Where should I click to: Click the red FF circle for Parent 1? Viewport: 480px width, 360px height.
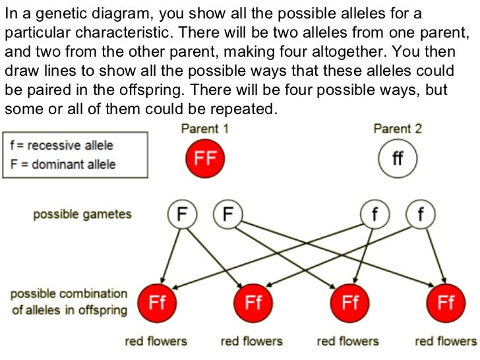pos(205,159)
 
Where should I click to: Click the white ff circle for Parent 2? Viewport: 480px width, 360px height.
pos(397,159)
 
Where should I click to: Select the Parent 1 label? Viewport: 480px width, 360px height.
pos(204,129)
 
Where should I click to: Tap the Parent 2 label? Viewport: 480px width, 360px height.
pos(397,129)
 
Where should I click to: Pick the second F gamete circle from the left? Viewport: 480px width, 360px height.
pos(228,214)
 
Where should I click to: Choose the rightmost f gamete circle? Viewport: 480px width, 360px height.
pos(421,214)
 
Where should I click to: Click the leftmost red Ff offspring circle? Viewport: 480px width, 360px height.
pos(157,303)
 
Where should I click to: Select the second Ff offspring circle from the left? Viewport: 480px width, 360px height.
pos(253,303)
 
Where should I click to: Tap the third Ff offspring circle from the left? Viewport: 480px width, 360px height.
pos(349,303)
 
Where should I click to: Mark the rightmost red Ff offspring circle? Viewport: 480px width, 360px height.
pos(446,303)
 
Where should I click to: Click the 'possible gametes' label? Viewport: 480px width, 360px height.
pos(82,214)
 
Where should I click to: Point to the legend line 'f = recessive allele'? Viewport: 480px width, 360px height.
pos(62,146)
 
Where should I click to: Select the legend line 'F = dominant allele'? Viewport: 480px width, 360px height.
pos(63,164)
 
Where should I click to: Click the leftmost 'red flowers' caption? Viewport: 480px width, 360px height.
pos(156,341)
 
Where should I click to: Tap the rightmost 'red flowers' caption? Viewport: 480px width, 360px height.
pos(445,341)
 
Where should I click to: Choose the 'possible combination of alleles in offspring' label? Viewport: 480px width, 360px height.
pos(69,301)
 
